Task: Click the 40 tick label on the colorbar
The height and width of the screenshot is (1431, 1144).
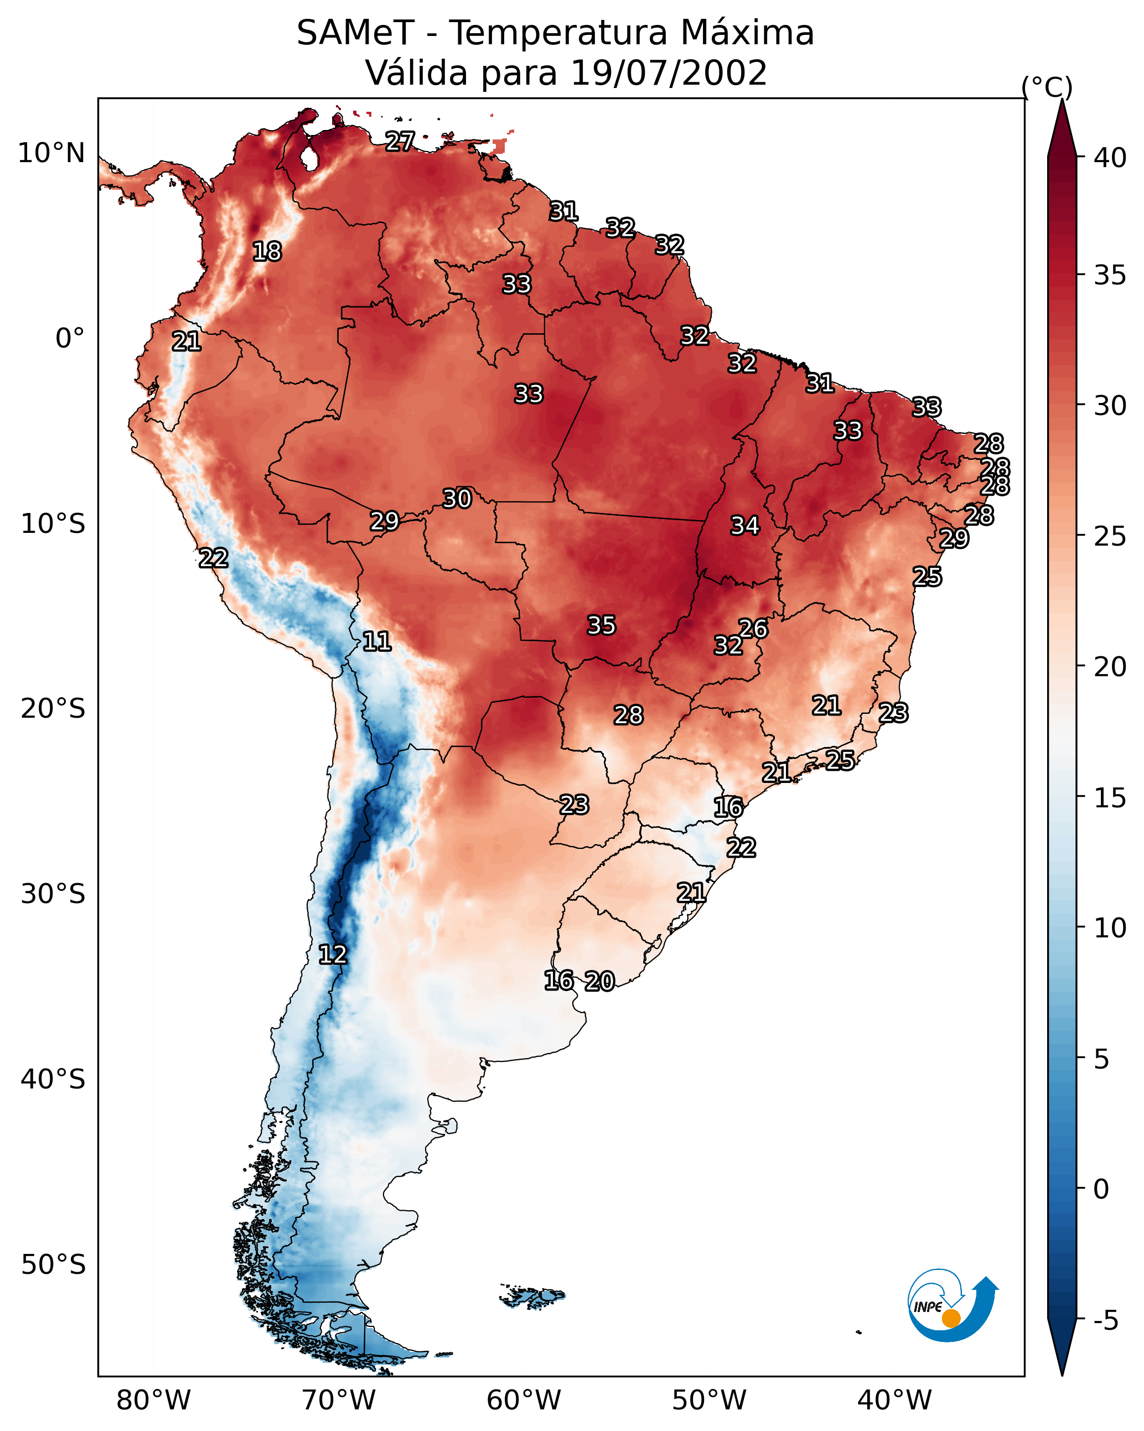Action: point(1110,158)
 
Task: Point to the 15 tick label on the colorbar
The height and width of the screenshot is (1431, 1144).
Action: point(1110,798)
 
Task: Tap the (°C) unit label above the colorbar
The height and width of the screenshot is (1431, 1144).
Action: point(1047,87)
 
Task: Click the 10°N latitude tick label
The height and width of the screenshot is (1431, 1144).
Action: point(51,153)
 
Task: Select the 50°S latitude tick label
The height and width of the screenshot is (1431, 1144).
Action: point(53,1265)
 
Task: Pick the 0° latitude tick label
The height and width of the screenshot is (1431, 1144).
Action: point(70,339)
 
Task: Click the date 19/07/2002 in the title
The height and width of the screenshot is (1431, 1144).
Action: point(669,72)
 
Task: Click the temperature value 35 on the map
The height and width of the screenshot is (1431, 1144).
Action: point(602,625)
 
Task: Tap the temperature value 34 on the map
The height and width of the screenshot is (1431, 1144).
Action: point(745,526)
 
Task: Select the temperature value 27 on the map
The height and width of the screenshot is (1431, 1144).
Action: point(400,141)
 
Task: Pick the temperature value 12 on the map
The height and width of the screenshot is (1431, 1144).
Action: point(333,955)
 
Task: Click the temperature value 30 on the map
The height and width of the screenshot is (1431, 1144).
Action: point(457,499)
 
